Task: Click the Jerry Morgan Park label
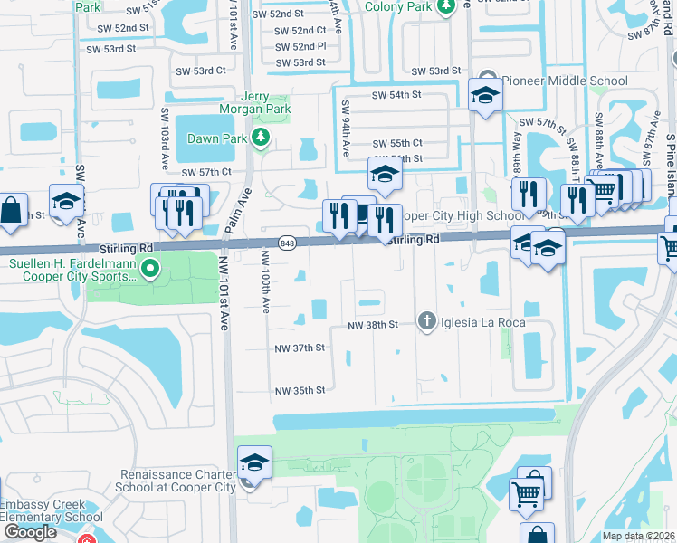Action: coord(253,102)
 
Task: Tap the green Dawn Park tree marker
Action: coord(261,138)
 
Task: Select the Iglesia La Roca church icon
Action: coord(426,321)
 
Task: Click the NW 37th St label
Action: coord(300,348)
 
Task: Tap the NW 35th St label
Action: coord(300,391)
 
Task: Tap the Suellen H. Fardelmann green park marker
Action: coord(151,269)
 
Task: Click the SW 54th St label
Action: coord(396,94)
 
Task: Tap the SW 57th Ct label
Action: coord(207,172)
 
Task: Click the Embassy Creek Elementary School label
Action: coord(51,511)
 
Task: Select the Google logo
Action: coord(29,532)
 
